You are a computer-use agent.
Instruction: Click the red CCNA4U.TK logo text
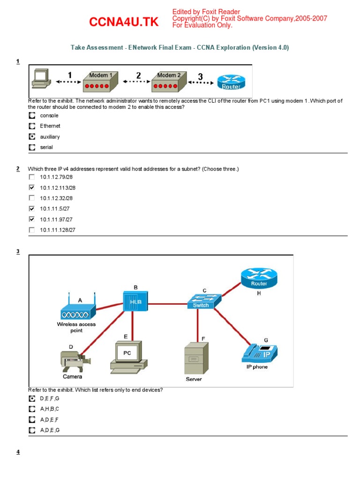coord(124,22)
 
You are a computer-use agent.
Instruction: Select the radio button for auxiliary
coord(31,137)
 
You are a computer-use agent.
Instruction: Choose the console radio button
coord(31,115)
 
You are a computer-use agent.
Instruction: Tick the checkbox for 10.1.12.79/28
coord(31,177)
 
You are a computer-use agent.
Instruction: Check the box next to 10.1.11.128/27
coord(31,230)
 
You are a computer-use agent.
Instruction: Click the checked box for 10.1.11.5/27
coord(31,209)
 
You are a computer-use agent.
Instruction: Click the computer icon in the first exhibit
coord(40,79)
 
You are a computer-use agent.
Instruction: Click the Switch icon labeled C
coord(198,301)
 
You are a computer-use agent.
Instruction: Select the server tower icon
coord(194,358)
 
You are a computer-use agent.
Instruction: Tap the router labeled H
coord(259,279)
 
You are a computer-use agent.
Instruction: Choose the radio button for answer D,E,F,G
coord(31,398)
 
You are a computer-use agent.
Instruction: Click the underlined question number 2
coord(18,168)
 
